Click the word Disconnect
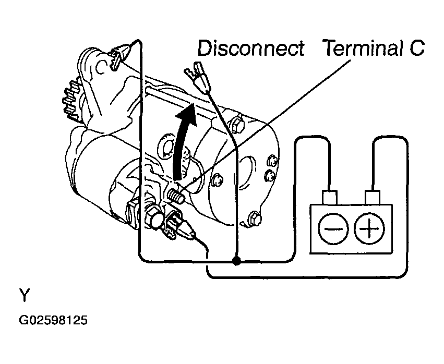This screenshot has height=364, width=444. [x=251, y=48]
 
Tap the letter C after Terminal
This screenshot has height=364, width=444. [x=416, y=48]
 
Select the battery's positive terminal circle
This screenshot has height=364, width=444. [x=369, y=228]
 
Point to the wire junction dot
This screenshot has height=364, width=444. [x=236, y=260]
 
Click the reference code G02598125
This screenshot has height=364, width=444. [x=53, y=320]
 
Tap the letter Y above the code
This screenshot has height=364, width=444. [x=25, y=295]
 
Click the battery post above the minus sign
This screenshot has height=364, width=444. [x=329, y=197]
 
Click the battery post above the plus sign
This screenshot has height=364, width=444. [x=373, y=197]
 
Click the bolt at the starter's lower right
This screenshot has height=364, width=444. [x=255, y=219]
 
